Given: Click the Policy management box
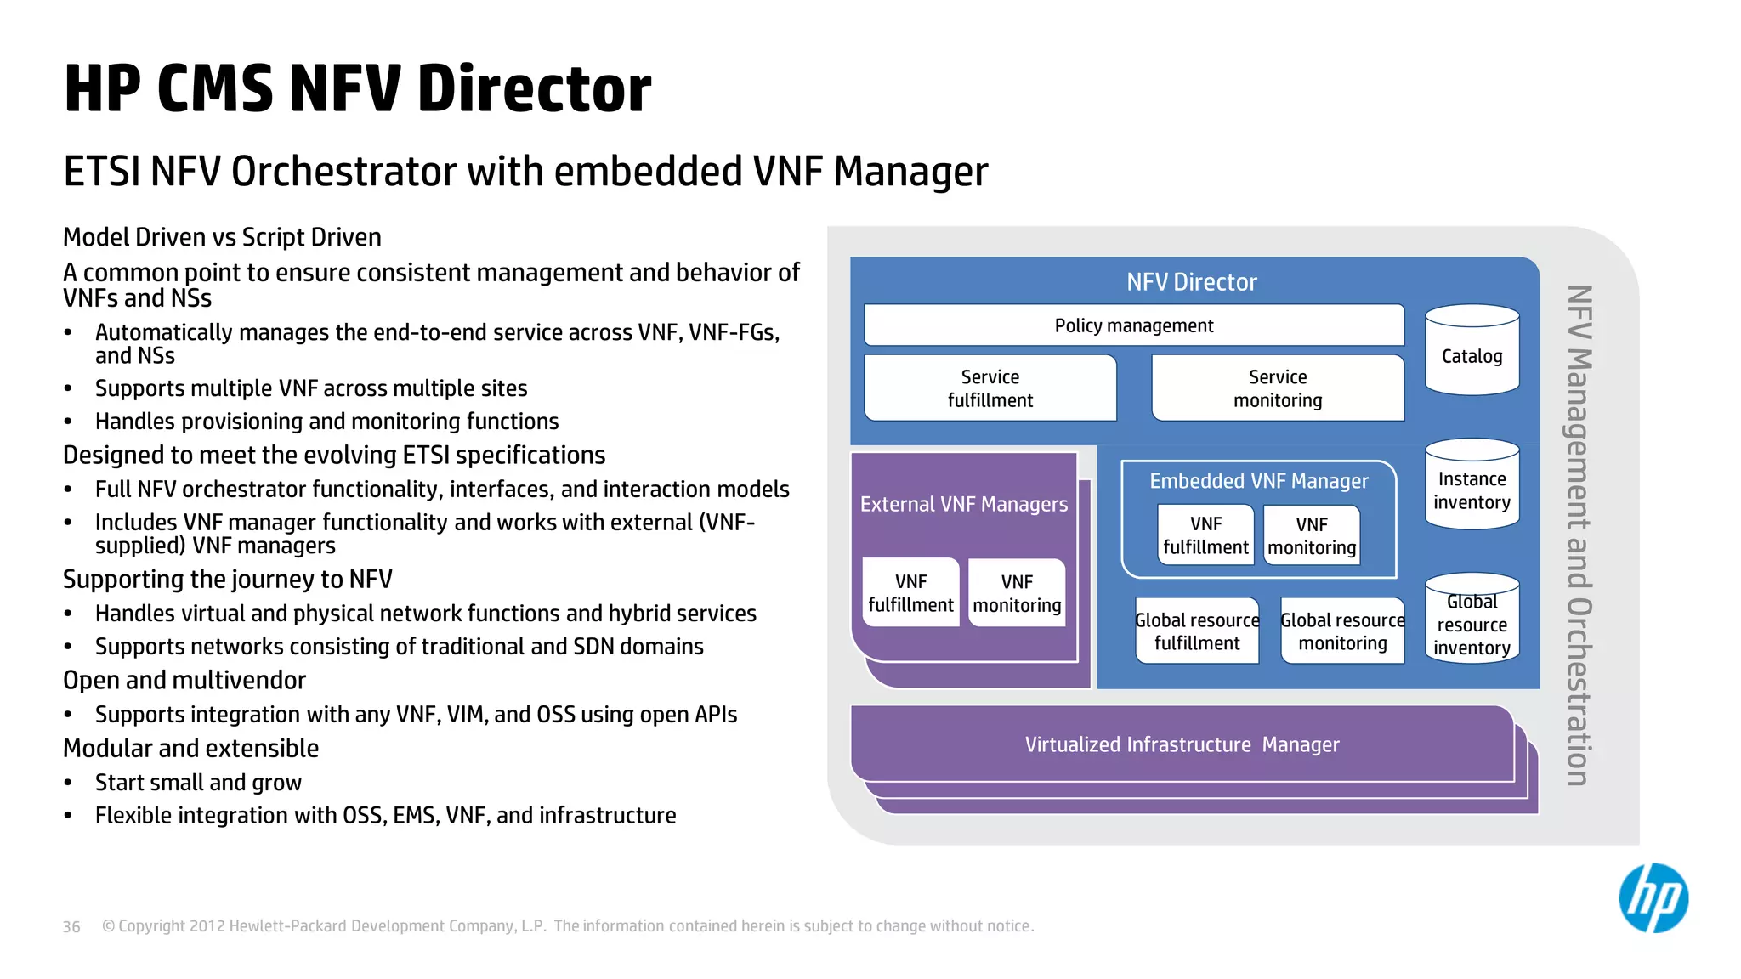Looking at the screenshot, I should [x=1133, y=325].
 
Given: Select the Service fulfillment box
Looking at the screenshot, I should [x=990, y=388].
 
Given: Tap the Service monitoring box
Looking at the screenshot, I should [x=1277, y=388].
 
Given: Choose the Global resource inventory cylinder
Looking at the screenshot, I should [x=1472, y=620].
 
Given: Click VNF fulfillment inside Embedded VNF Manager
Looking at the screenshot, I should [x=1205, y=535].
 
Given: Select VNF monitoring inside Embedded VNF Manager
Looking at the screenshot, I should [x=1311, y=536].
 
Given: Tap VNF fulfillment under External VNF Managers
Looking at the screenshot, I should [x=910, y=593].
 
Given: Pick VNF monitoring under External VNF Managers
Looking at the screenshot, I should [x=1017, y=593].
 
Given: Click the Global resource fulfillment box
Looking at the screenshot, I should [x=1197, y=631].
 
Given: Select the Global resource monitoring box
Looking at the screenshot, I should [x=1342, y=631].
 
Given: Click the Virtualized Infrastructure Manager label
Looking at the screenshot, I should [x=1182, y=744].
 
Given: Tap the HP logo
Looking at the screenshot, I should [x=1653, y=898].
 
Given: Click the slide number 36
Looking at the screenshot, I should [x=71, y=926].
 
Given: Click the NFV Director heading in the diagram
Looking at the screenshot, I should [x=1191, y=282].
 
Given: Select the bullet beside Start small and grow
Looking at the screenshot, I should [x=68, y=783].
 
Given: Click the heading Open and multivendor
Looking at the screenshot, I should [x=184, y=680].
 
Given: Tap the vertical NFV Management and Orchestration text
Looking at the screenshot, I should [x=1579, y=535].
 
